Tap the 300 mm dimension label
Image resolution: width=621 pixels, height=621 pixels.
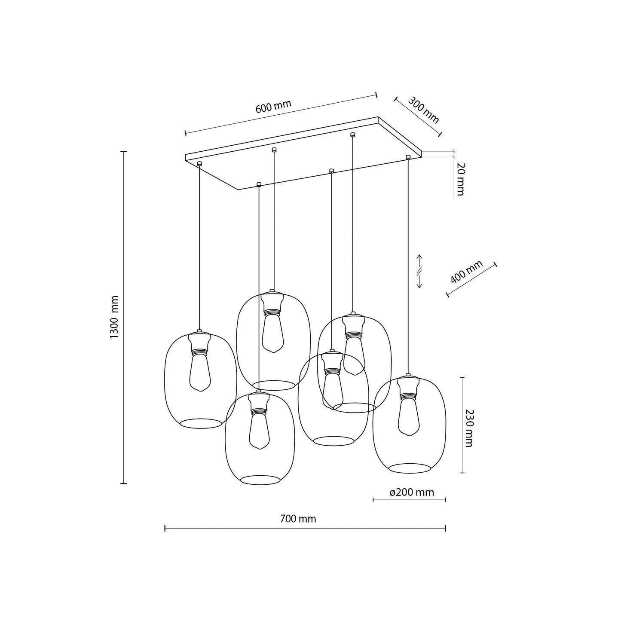[423, 110]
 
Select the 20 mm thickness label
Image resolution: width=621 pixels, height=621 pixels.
[460, 179]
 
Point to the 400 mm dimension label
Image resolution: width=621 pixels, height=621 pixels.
[467, 272]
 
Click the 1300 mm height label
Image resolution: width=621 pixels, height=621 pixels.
[114, 317]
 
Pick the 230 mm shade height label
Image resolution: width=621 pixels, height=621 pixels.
[468, 428]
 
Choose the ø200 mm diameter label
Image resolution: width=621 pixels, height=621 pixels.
[412, 493]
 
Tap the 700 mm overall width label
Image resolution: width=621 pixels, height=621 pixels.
[298, 519]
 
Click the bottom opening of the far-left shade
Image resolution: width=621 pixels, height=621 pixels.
[201, 423]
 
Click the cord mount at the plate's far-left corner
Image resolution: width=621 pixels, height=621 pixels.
[199, 163]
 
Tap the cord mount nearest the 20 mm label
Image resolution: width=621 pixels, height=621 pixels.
[408, 157]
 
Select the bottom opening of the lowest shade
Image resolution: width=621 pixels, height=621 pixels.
[260, 480]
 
